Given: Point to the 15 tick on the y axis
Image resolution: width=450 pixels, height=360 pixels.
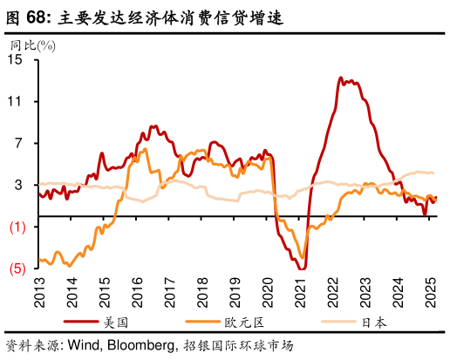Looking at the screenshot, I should coord(16,59).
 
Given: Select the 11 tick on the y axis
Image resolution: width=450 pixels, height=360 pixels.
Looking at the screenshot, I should coord(16,101).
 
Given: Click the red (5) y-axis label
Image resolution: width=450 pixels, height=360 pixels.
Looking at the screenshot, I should coord(16,269).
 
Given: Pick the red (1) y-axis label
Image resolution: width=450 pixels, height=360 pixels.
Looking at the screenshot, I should coord(16,228).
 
